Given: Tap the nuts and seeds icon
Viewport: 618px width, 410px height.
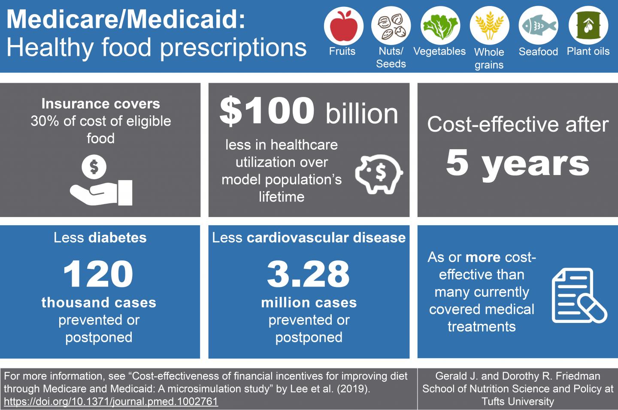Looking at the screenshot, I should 391,26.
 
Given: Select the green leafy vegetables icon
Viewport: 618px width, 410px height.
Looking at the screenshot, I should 440,26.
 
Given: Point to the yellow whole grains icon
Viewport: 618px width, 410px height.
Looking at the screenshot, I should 489,26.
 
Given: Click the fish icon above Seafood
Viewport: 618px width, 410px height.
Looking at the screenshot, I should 538,26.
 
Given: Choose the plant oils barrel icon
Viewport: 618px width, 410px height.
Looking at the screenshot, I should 588,26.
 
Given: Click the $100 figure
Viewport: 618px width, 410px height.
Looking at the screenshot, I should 267,111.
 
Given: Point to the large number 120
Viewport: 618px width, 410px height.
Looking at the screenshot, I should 98,274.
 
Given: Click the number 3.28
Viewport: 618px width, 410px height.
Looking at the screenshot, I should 309,274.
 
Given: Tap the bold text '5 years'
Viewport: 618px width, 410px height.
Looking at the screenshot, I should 518,163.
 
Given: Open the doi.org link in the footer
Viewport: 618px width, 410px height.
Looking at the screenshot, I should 111,402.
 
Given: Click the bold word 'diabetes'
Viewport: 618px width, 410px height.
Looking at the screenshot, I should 118,238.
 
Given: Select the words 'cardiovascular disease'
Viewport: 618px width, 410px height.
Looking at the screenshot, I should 327,238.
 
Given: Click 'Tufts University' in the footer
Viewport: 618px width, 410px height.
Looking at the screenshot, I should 518,402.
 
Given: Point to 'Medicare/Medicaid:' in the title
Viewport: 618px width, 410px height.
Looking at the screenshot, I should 126,20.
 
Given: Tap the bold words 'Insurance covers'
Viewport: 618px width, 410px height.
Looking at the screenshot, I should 100,104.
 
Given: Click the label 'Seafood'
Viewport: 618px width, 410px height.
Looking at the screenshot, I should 538,52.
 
